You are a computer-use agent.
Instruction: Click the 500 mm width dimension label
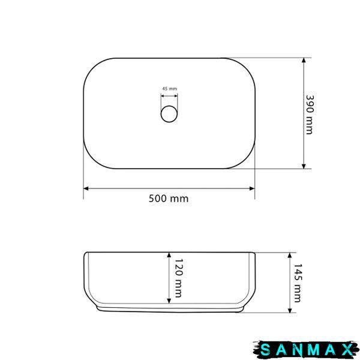click(x=169, y=199)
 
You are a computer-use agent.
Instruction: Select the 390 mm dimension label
click(x=310, y=115)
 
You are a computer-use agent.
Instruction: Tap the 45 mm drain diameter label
click(x=170, y=89)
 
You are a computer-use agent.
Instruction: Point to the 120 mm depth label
click(x=179, y=278)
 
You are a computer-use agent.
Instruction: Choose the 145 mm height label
click(x=298, y=283)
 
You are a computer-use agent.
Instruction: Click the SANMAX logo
click(x=306, y=350)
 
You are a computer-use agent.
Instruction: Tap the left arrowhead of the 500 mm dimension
click(x=86, y=188)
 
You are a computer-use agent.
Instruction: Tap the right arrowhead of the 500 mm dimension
click(x=252, y=188)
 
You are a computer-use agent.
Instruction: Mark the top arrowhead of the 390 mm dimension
click(x=304, y=60)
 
